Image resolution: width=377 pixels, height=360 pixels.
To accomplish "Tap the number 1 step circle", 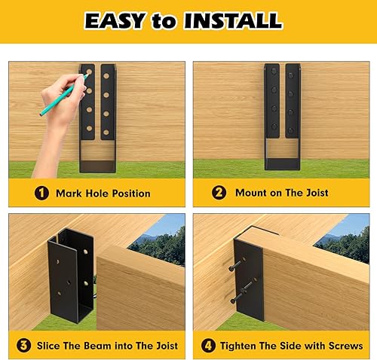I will click(41, 193).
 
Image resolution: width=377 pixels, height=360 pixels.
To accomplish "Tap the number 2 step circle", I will click(219, 193).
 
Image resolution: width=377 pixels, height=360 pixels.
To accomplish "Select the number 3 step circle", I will click(24, 345).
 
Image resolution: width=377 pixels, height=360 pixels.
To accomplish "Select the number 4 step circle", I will click(207, 345).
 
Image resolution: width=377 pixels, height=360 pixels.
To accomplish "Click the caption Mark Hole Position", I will click(103, 194).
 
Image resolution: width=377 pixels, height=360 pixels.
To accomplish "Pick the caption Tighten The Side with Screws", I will click(291, 346).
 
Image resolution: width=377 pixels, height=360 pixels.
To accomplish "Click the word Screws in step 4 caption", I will click(344, 346).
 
